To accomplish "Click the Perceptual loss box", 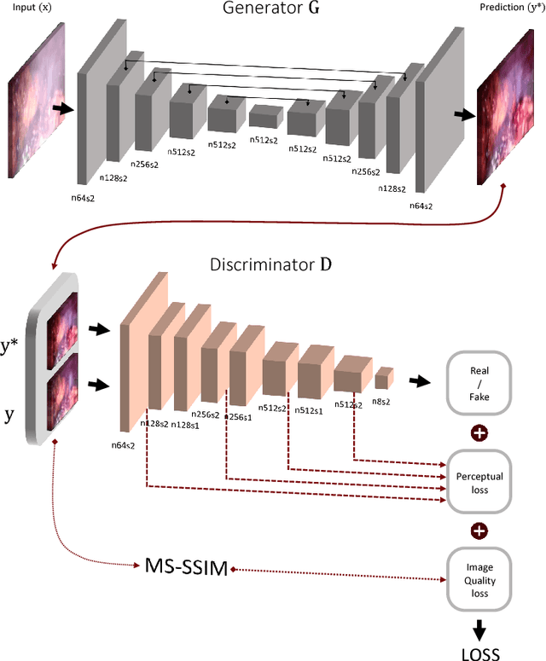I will click(x=479, y=482).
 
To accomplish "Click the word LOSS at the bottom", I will click(x=479, y=652).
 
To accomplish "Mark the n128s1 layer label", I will click(x=185, y=425).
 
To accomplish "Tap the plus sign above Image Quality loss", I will click(x=479, y=531).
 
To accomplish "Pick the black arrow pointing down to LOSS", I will click(x=479, y=627).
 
